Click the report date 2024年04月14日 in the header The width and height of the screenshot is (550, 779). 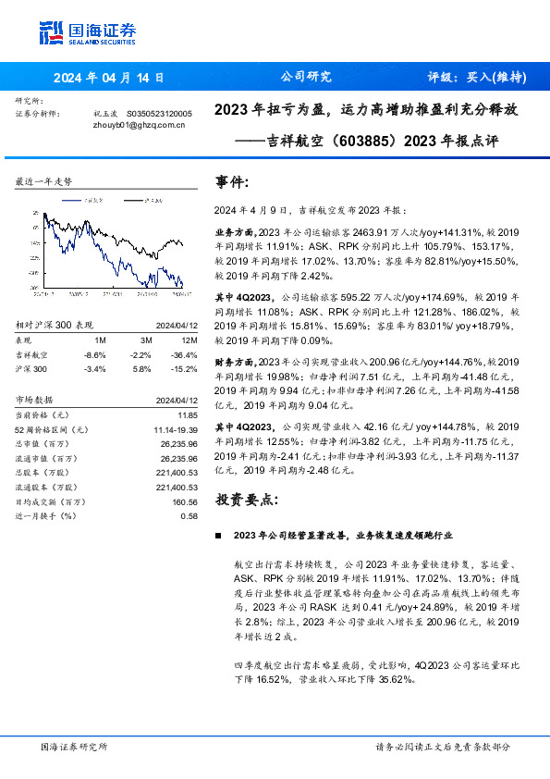(x=107, y=78)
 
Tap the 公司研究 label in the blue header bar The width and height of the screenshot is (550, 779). (x=304, y=77)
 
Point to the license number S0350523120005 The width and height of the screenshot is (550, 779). (x=158, y=113)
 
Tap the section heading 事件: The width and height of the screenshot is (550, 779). (x=231, y=182)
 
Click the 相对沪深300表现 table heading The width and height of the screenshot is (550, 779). (x=55, y=325)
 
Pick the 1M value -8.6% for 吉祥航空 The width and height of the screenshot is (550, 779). (x=94, y=354)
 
